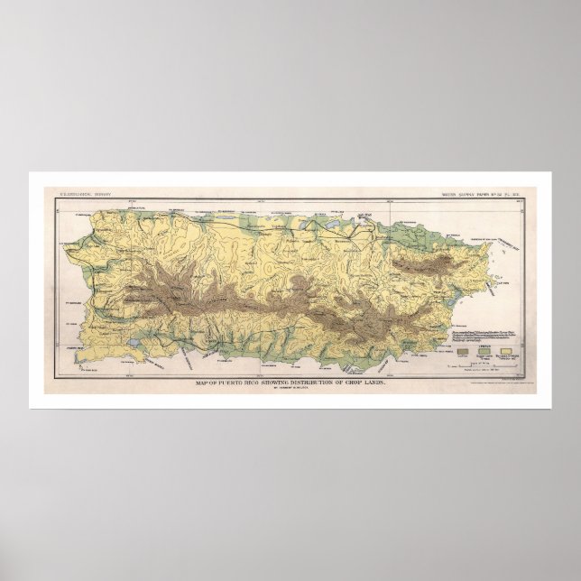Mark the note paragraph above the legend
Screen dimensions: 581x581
475,336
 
